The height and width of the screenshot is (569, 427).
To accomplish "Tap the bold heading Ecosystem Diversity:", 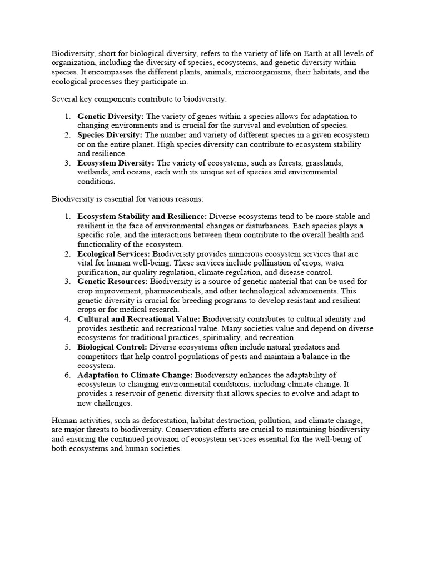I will (x=116, y=163).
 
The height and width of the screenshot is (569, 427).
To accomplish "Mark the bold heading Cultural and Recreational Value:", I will (x=139, y=319).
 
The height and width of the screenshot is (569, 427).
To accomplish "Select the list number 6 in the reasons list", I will (x=67, y=375).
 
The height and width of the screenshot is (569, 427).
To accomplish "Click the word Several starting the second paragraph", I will (x=64, y=98).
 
